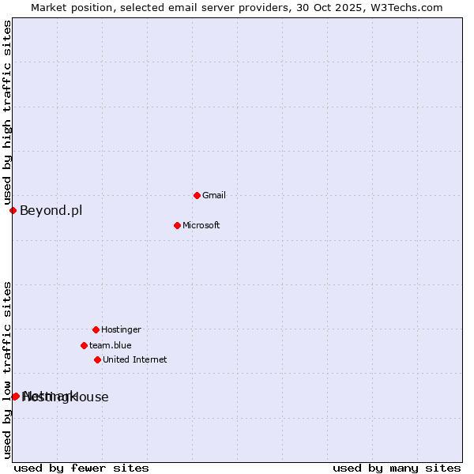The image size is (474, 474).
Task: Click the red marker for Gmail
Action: click(197, 195)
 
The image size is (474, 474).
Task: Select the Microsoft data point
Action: click(177, 225)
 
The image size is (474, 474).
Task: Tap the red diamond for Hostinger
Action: click(96, 329)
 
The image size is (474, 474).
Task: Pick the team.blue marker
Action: click(84, 345)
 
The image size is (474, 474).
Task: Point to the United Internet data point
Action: click(97, 359)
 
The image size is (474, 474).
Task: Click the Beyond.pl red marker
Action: click(13, 210)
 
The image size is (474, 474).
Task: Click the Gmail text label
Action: click(214, 195)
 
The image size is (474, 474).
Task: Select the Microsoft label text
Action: click(201, 225)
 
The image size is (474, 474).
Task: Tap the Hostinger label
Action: click(121, 329)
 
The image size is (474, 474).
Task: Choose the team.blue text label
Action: click(111, 345)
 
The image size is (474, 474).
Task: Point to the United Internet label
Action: click(135, 359)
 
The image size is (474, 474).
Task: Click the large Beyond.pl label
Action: click(51, 210)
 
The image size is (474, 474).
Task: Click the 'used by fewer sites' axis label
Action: click(81, 468)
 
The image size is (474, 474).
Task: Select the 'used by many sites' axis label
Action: click(397, 468)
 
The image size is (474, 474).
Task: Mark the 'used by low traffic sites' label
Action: click(7, 369)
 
